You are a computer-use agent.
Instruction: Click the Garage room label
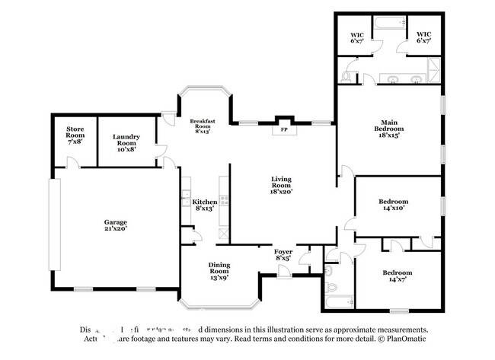click(115, 225)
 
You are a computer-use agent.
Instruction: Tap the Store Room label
click(75, 135)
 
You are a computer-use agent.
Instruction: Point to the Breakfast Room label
click(203, 126)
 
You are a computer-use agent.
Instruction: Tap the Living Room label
click(281, 183)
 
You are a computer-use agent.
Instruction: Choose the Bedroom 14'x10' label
click(394, 205)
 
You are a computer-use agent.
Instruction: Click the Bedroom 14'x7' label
click(397, 276)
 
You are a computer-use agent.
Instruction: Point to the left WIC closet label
click(357, 38)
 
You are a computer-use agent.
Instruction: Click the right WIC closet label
click(423, 38)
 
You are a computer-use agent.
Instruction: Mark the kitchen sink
click(186, 201)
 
